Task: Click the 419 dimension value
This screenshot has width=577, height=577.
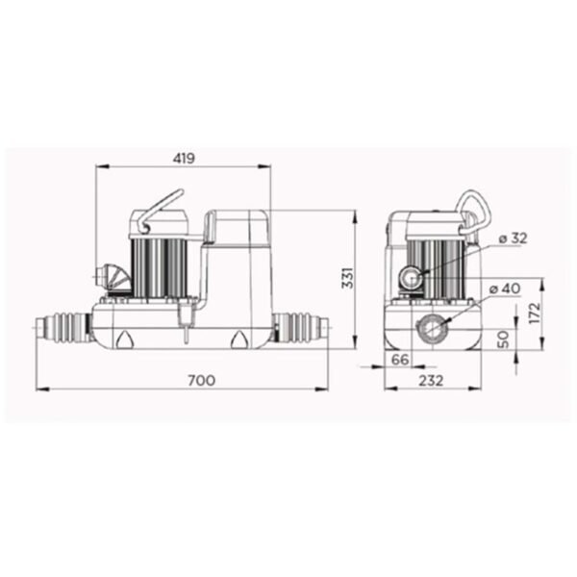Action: coord(183,158)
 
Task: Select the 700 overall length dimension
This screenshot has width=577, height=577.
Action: coord(201,380)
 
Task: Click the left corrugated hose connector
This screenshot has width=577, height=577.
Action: coord(65,328)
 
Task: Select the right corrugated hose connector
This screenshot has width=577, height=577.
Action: coord(300,328)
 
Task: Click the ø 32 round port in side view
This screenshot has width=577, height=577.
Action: coord(414,279)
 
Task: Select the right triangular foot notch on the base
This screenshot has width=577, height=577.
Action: coord(237,339)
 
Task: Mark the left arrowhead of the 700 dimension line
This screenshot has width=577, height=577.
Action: coord(40,389)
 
